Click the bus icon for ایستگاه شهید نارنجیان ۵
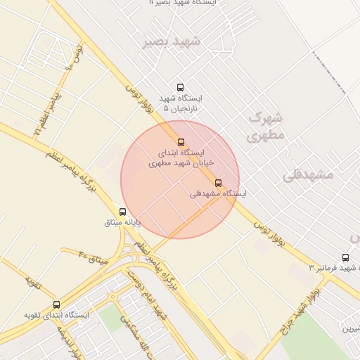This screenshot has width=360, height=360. coord(181,88)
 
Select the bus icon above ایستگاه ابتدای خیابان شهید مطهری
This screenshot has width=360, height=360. coord(181,143)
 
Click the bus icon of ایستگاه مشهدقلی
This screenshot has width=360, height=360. coord(218,183)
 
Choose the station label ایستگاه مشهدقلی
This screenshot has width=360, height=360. coord(219,193)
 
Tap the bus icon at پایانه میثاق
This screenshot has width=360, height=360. coord(123,212)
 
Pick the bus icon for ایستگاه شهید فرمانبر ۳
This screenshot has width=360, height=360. coord(345,257)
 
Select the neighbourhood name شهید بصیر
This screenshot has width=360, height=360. coord(172,41)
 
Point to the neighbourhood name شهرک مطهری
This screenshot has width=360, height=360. coord(267,125)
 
